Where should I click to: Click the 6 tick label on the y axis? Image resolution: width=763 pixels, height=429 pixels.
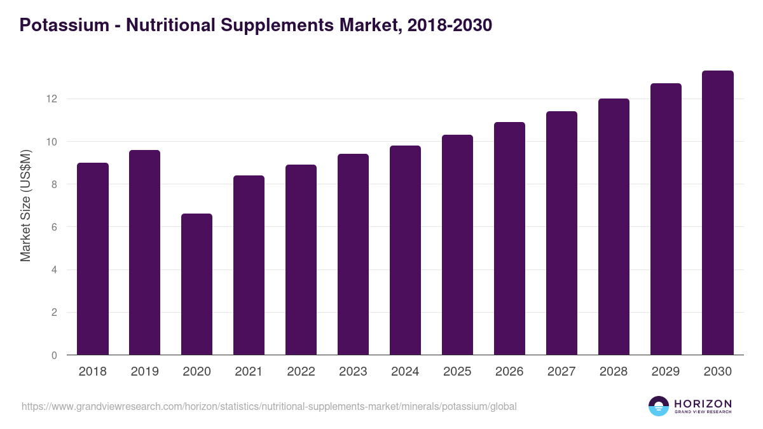[x=54, y=227]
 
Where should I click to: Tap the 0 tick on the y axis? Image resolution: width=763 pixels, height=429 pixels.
[x=54, y=355]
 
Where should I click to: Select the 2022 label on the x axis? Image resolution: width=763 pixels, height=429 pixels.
[x=301, y=372]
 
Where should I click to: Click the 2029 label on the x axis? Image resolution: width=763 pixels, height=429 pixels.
[x=666, y=372]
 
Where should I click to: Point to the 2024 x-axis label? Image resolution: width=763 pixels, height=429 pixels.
[x=405, y=372]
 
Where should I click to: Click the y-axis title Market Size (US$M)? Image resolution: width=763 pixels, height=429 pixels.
[x=25, y=205]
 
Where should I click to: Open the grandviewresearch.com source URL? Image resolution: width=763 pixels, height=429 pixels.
[x=269, y=406]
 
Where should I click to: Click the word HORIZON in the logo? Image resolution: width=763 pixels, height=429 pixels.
[x=703, y=404]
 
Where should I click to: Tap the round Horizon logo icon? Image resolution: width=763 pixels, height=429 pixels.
[x=659, y=406]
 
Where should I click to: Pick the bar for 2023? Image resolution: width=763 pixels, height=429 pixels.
[x=353, y=255]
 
